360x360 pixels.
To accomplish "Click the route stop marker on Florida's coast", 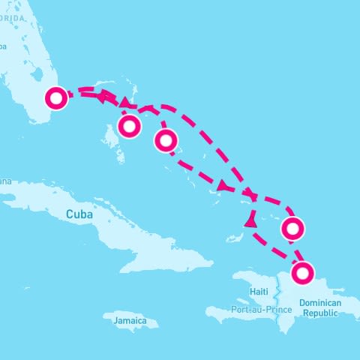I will [x=56, y=97].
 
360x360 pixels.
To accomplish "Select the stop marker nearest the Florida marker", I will [x=130, y=126].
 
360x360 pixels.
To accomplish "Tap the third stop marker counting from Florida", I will [x=166, y=140].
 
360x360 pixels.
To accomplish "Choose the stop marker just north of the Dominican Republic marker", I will [x=292, y=227].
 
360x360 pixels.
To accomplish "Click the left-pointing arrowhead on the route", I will [x=99, y=96].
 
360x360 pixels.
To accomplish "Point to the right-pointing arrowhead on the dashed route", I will [x=223, y=186].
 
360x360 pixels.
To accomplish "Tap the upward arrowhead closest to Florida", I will [x=124, y=101].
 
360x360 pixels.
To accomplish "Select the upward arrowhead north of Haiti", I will [x=250, y=221].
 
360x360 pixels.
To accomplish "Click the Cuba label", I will [x=79, y=214].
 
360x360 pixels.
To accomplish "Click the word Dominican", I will [x=320, y=304].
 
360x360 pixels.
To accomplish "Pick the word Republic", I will [x=320, y=313].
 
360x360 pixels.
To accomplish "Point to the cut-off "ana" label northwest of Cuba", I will [x=5, y=181].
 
